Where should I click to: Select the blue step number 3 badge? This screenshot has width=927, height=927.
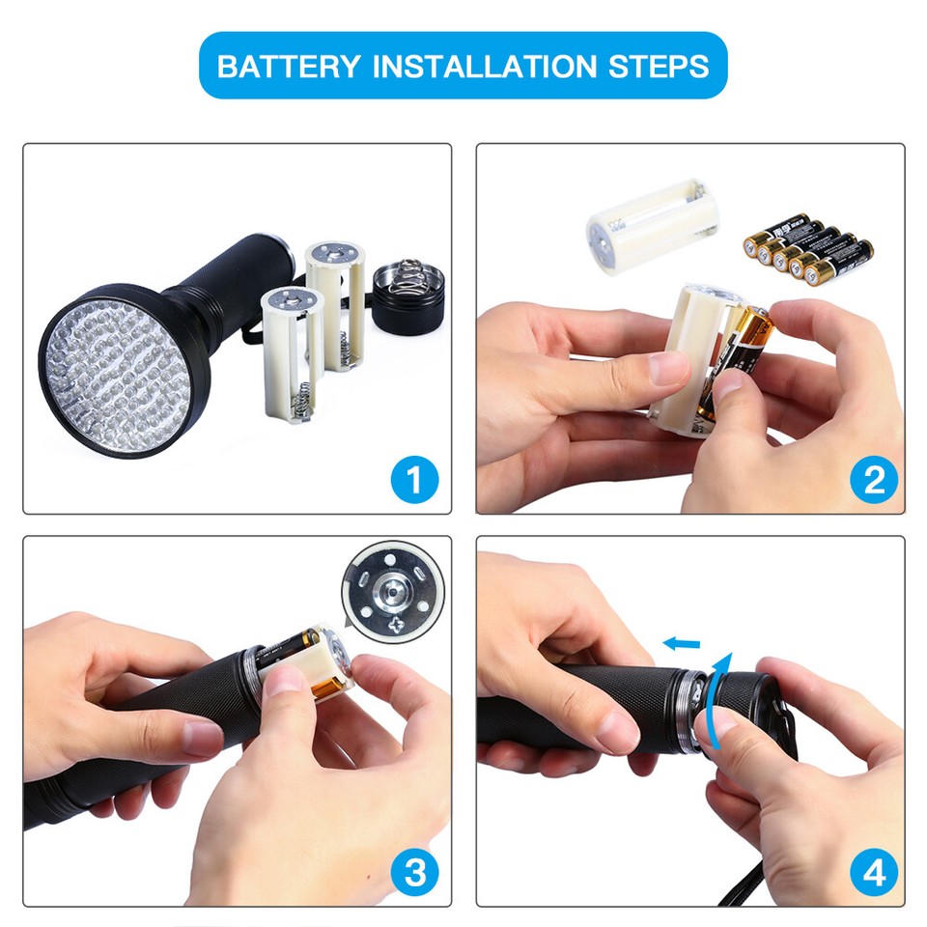coord(414,873)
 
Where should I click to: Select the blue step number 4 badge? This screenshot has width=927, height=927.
coord(874,873)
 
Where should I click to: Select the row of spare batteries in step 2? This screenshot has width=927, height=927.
coord(808,248)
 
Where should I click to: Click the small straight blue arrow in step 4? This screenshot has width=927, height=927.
coord(682,642)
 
